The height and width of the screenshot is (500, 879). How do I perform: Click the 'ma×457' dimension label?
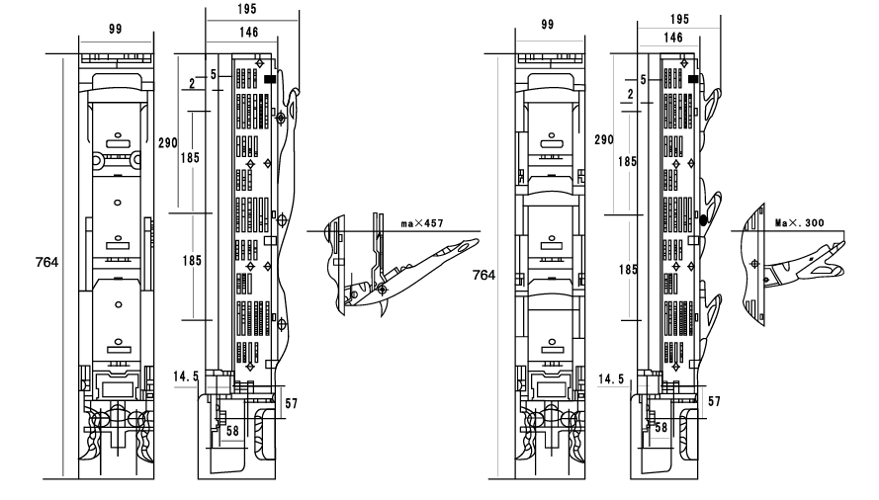[x=423, y=224]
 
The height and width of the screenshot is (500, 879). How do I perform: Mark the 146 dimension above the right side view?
[x=674, y=37]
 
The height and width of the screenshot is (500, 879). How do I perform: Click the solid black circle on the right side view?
[x=703, y=222]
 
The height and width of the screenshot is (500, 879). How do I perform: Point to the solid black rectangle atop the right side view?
[x=694, y=78]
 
